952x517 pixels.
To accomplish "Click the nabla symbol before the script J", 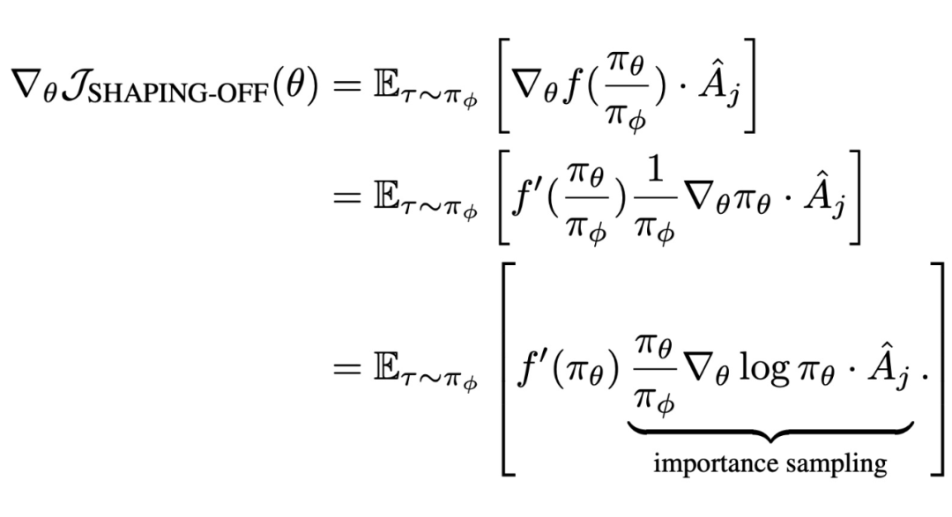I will coord(29,82).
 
